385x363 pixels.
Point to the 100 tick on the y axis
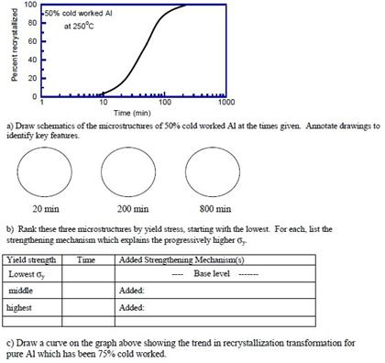[29, 5]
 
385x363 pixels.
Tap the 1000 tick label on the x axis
[225, 104]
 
